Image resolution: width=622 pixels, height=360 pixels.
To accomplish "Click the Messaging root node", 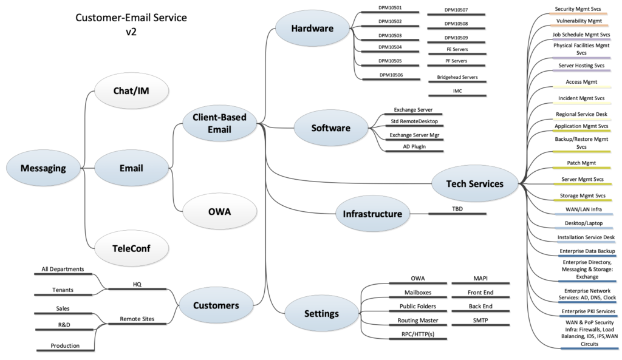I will pyautogui.click(x=43, y=168).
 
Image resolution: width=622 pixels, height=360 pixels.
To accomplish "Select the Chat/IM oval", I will pyautogui.click(x=132, y=91).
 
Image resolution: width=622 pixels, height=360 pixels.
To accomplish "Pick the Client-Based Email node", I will pyautogui.click(x=219, y=123).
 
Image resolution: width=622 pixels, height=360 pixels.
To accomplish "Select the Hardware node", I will pyautogui.click(x=312, y=29).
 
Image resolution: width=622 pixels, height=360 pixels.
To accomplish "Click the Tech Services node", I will pyautogui.click(x=475, y=183).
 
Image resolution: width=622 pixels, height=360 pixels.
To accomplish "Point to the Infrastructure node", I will pyautogui.click(x=372, y=214).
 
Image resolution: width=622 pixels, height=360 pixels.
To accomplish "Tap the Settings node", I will pyautogui.click(x=321, y=313).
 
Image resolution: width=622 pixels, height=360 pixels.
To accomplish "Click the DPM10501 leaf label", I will pyautogui.click(x=390, y=8).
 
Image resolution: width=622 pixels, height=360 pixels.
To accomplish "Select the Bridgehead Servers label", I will pyautogui.click(x=457, y=78).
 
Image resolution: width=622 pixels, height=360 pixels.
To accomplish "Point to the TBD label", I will pyautogui.click(x=457, y=208).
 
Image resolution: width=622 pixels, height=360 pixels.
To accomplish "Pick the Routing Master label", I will pyautogui.click(x=417, y=320).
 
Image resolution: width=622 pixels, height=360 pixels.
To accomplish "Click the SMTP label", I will pyautogui.click(x=480, y=320).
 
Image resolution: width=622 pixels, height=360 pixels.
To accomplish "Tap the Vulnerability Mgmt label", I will pyautogui.click(x=579, y=21).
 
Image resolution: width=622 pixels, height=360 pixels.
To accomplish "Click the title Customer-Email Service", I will pyautogui.click(x=131, y=18).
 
